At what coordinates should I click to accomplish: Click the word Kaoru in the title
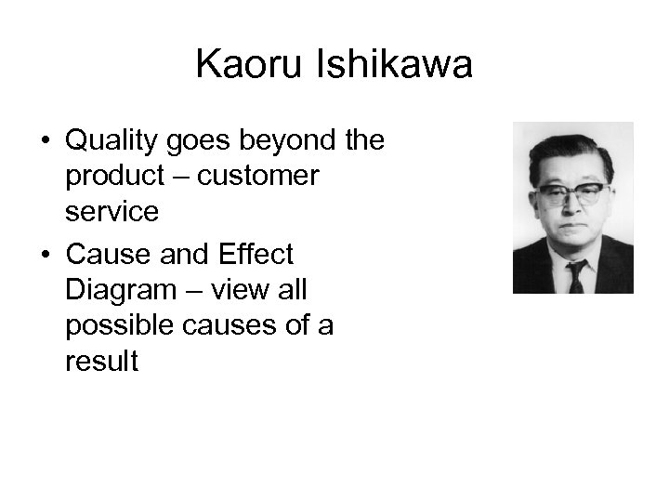coord(244,66)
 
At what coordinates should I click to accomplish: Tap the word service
coord(111,212)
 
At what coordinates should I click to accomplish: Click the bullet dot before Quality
coord(44,142)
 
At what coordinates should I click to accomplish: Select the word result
coord(101,361)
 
